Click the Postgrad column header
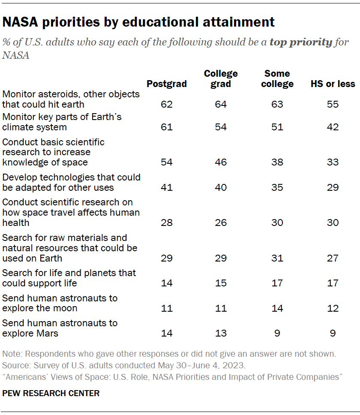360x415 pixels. tap(167, 84)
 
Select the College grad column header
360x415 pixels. tap(221, 78)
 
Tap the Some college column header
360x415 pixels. tap(277, 78)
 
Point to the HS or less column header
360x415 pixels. tap(333, 84)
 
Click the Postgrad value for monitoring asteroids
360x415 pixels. tap(167, 104)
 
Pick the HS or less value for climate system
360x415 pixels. tap(333, 127)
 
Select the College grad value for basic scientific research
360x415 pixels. tap(221, 162)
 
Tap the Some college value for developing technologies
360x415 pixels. tap(277, 187)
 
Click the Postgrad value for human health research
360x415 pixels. tap(167, 223)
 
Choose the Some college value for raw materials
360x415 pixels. tap(277, 258)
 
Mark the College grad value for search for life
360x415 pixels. tap(221, 283)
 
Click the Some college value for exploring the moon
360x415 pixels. tap(277, 308)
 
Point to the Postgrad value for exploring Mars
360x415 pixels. tap(167, 333)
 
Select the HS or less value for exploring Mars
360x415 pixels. tap(333, 333)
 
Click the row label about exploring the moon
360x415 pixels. tap(60, 303)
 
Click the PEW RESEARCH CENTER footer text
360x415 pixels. tap(51, 393)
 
